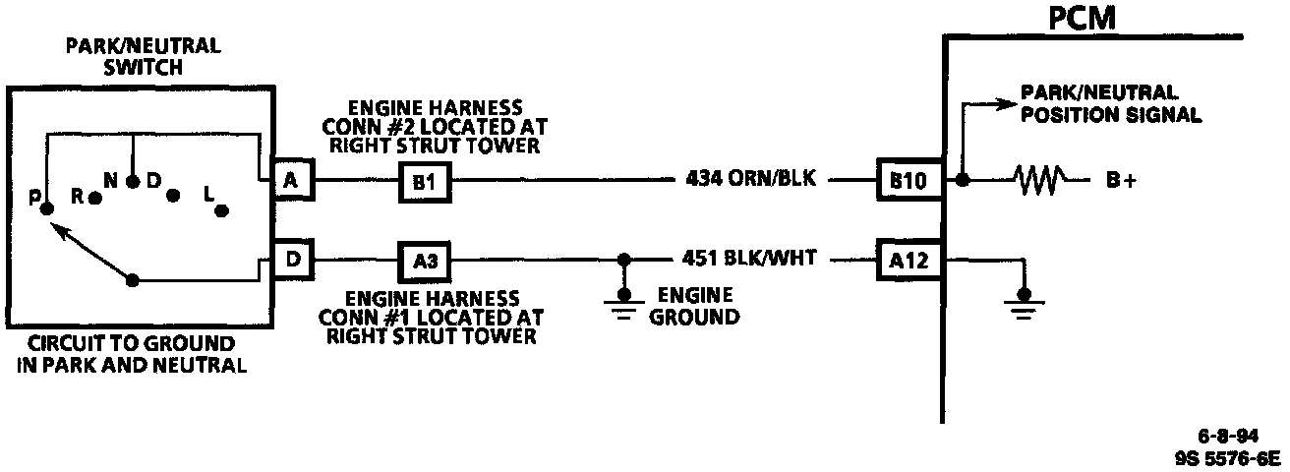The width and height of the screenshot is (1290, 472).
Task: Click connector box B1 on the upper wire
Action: click(421, 181)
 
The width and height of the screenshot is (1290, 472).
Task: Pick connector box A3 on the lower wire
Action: click(421, 261)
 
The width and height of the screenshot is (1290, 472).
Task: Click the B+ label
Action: click(1120, 182)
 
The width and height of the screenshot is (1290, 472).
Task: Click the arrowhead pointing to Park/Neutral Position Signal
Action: click(1007, 101)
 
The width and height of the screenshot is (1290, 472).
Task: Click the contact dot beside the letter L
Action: click(222, 209)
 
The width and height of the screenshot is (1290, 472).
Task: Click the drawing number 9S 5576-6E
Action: click(1227, 457)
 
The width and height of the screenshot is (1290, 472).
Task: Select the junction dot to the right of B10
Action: click(963, 181)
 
